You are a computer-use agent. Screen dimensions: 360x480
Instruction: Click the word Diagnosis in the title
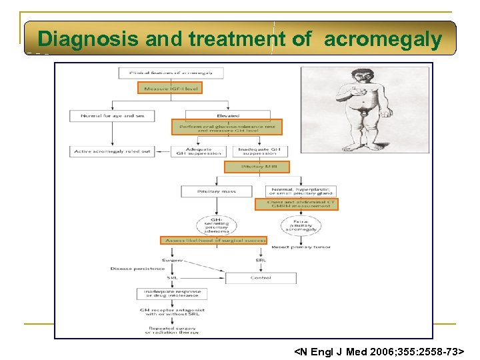click(87, 39)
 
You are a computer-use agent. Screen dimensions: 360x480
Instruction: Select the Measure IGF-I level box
click(169, 87)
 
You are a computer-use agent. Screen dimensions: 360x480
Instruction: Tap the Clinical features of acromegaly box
click(169, 72)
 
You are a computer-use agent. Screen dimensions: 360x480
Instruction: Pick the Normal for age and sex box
click(112, 116)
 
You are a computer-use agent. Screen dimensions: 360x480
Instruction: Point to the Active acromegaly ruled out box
click(112, 151)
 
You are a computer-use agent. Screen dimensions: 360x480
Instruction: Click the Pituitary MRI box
click(247, 167)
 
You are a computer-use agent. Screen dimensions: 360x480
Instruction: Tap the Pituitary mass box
click(217, 191)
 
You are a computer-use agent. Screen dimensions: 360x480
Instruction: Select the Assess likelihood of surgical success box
click(213, 240)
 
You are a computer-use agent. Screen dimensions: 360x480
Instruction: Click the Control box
click(261, 277)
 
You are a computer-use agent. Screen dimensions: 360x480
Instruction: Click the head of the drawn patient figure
click(352, 79)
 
